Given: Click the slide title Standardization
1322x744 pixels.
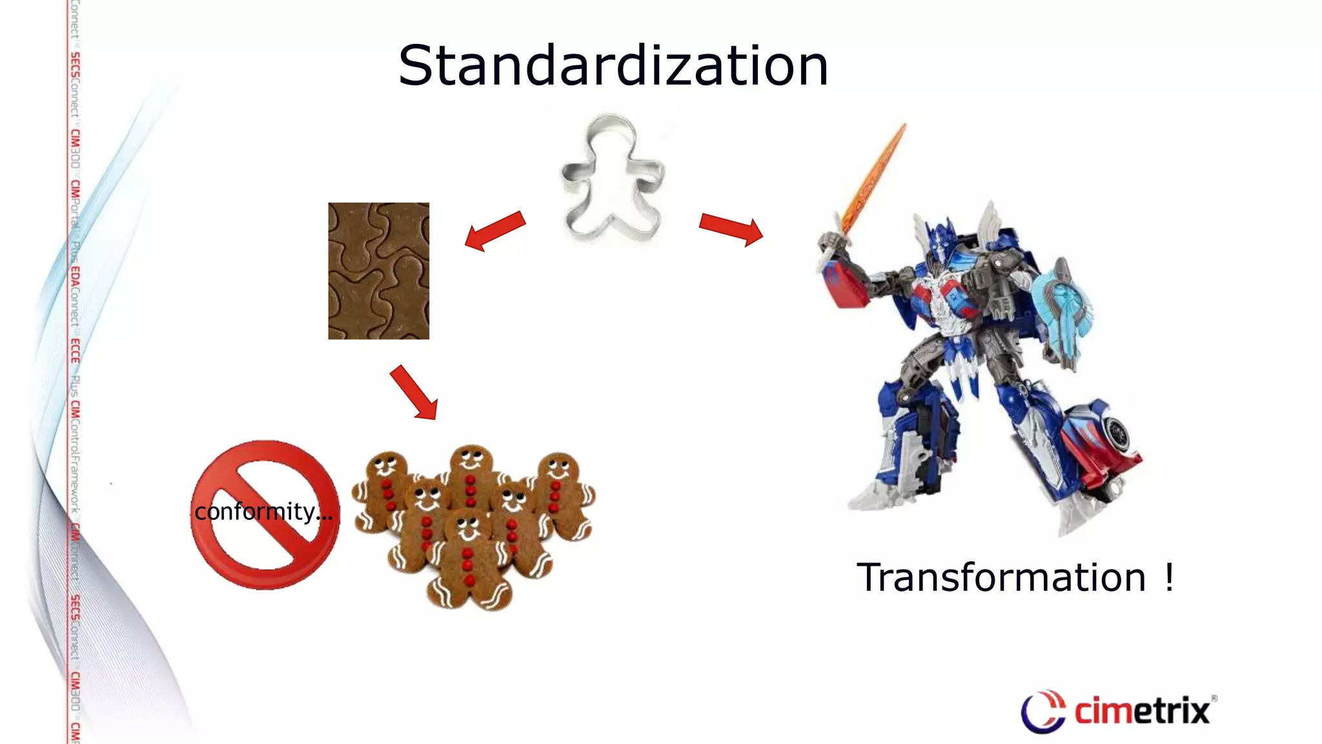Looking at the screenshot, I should pos(613,66).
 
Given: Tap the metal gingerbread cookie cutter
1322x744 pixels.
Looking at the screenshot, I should pos(612,178).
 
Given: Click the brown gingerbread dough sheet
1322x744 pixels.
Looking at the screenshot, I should pos(379,271).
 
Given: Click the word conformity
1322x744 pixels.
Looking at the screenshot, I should pos(255,512).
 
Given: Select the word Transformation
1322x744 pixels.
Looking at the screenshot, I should pos(1001,577).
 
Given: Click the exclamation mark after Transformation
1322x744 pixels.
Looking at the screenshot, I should pos(1169,577).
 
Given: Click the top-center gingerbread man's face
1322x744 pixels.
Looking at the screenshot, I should pos(471,459).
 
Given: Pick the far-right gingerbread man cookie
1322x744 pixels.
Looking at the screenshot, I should pos(560,494).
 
